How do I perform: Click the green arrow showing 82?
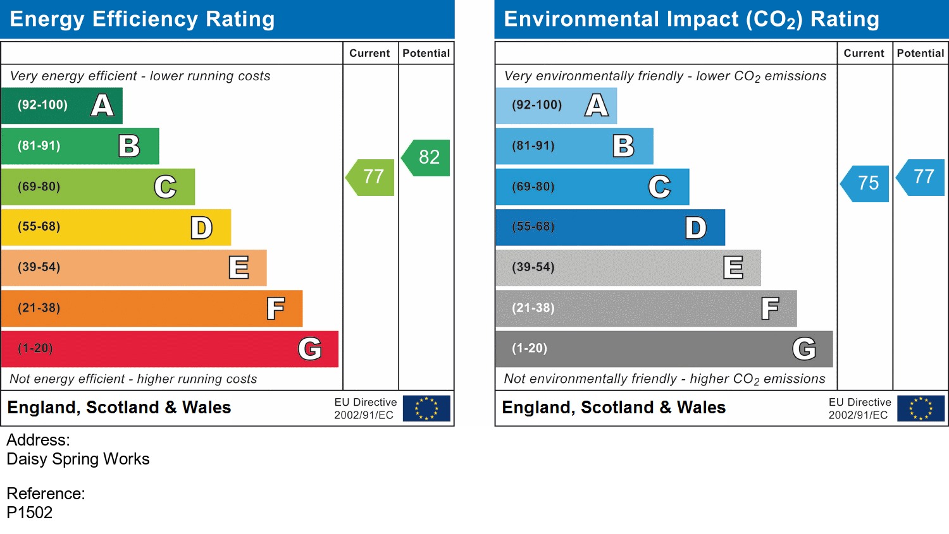tap(427, 157)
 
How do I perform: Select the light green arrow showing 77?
tap(371, 177)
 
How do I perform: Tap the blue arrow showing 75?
tap(866, 183)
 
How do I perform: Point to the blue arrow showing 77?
tap(922, 177)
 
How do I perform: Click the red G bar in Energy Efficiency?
tap(170, 349)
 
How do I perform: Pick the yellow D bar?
tap(116, 228)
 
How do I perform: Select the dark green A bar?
tap(61, 106)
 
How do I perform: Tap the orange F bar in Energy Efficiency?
tap(152, 308)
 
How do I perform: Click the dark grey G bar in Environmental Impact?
tap(664, 349)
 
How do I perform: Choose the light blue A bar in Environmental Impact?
tap(555, 106)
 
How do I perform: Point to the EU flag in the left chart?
tap(426, 408)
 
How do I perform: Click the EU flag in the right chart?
tap(921, 408)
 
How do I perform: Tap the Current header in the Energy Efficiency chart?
tap(369, 54)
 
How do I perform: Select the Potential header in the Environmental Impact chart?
tap(920, 54)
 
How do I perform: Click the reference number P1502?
tap(30, 513)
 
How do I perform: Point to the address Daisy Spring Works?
tap(78, 459)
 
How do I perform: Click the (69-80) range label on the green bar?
tap(39, 187)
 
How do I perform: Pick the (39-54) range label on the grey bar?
tap(533, 267)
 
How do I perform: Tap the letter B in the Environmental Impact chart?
tap(623, 146)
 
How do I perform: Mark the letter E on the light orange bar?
tap(239, 267)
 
